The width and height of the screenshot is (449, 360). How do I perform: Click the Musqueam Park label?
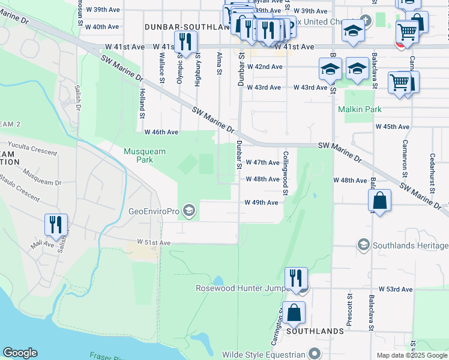pos(145,156)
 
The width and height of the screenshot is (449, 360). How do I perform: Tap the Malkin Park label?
pos(360,110)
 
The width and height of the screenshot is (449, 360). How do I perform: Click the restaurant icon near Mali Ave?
pos(56,225)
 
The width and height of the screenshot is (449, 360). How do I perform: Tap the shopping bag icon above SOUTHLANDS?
pos(294,313)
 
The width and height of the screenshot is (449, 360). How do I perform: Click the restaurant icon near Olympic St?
pos(186,41)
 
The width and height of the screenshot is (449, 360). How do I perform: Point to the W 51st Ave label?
pos(154,242)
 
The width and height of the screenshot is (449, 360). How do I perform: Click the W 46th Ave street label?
pos(161,132)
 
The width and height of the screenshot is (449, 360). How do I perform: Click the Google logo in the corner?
pos(20,353)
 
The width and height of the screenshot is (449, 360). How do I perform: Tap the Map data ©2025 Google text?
pos(411,355)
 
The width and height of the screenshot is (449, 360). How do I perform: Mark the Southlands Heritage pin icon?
pos(363,245)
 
